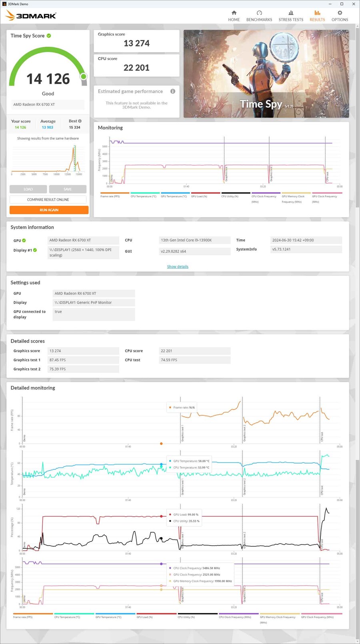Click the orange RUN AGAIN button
coord(49,210)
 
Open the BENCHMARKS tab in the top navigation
coord(259,16)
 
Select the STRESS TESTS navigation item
coord(291,16)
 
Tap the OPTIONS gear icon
coord(340,13)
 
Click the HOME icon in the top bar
coord(234,13)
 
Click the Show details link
coord(178,267)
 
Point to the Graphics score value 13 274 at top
coord(136,43)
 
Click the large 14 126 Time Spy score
coord(48,79)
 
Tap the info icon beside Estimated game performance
coord(173,91)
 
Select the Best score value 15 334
coord(74,127)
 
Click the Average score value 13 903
coord(47,127)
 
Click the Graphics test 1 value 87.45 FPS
coord(58,360)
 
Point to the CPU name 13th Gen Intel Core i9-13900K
coord(186,240)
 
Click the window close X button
coord(354,4)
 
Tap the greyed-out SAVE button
coord(68,189)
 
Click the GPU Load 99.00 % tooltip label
coord(186,515)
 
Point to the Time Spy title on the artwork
coord(261,104)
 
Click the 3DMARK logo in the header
coord(31,16)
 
